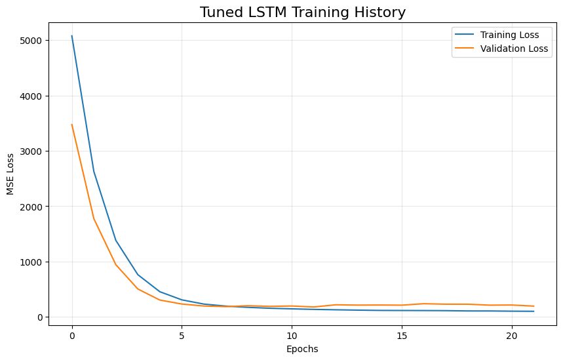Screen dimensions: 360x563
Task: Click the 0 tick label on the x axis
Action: pos(72,334)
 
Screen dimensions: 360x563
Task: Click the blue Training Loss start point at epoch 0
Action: pos(72,36)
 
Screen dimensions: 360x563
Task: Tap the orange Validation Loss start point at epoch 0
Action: pos(72,125)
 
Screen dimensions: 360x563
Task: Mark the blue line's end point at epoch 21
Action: pos(534,311)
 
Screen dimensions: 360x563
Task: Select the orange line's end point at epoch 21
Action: pos(534,306)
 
